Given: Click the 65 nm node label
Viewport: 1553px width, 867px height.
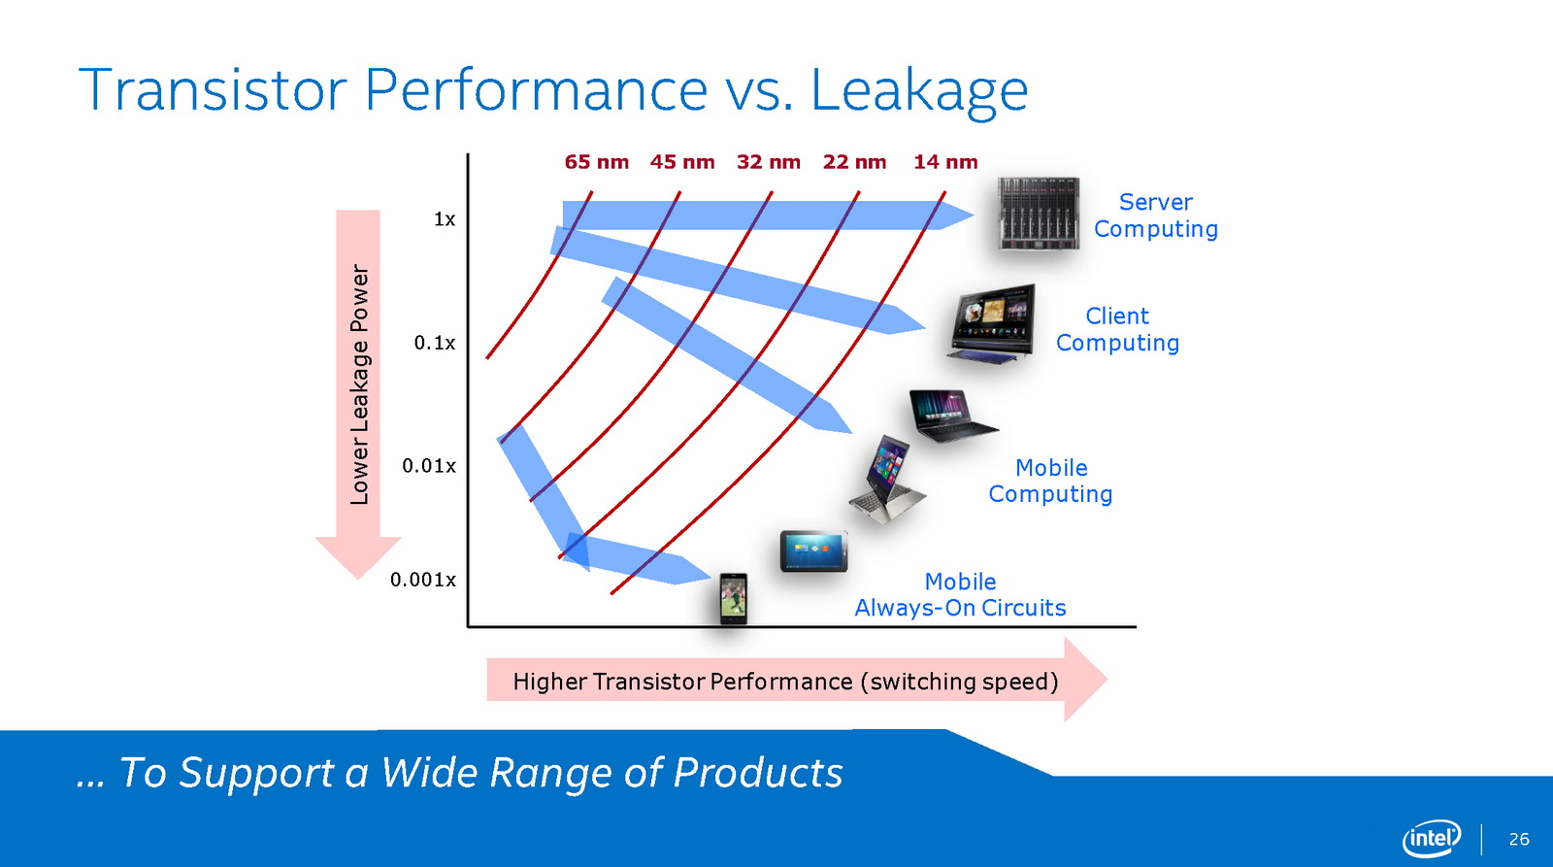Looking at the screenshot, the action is [596, 162].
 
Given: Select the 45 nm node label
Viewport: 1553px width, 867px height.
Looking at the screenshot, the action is [682, 162].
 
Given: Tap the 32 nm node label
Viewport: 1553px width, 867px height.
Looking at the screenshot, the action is [768, 162].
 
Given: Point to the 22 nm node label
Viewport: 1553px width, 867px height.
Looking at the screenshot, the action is [854, 162].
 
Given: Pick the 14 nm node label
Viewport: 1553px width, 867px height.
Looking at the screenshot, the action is [945, 162].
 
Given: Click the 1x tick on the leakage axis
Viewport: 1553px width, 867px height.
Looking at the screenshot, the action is [445, 219].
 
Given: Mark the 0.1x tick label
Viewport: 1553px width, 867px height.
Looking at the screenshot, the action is [435, 343].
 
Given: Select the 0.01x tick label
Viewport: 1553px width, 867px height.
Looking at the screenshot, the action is [429, 465].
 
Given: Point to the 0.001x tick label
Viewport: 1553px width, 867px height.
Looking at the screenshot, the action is [423, 580].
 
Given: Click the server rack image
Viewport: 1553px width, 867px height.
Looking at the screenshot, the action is [1038, 213].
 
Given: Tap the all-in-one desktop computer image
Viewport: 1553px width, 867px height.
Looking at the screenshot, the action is [991, 323].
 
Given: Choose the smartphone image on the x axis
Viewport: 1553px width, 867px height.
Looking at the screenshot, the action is [733, 599].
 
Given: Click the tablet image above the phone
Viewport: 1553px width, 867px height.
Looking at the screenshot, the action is [814, 551].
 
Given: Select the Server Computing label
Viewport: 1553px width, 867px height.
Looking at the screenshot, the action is [1156, 216].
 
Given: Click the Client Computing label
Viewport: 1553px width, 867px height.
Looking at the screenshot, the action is [1117, 329].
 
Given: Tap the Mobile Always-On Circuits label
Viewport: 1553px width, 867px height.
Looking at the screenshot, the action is [960, 594].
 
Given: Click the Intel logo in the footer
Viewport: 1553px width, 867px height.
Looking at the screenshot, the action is [1431, 839].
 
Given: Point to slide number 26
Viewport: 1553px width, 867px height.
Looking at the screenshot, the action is [1519, 839].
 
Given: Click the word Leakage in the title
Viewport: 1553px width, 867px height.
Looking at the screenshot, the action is [918, 92].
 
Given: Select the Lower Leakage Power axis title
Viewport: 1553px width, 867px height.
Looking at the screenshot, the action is [360, 384].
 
